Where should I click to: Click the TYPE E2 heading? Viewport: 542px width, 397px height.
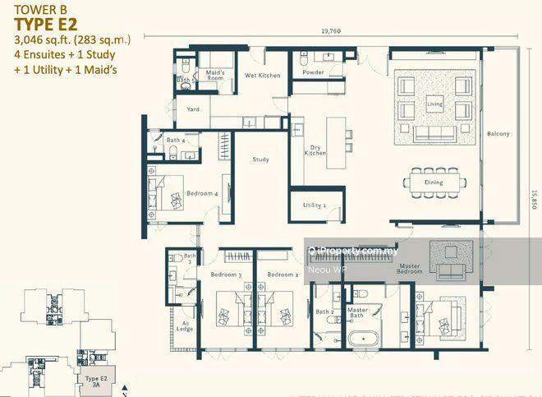pyautogui.click(x=45, y=24)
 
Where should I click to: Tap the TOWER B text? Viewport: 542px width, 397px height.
pyautogui.click(x=33, y=10)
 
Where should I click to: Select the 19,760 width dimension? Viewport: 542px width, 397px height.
pyautogui.click(x=332, y=30)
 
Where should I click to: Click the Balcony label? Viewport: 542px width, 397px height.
pyautogui.click(x=498, y=133)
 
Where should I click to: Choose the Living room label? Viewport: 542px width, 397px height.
pyautogui.click(x=434, y=104)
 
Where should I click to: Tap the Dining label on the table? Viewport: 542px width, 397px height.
pyautogui.click(x=434, y=182)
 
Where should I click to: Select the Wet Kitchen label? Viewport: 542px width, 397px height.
pyautogui.click(x=262, y=75)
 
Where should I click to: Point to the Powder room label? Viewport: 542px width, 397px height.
pyautogui.click(x=312, y=72)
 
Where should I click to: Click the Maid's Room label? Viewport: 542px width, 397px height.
pyautogui.click(x=215, y=76)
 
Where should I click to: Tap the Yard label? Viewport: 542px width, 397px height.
pyautogui.click(x=194, y=109)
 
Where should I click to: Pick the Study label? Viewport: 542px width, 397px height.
pyautogui.click(x=261, y=159)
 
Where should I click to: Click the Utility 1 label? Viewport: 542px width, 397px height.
pyautogui.click(x=314, y=205)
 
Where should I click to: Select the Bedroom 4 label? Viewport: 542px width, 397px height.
pyautogui.click(x=202, y=193)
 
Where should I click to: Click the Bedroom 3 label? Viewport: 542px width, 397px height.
pyautogui.click(x=226, y=274)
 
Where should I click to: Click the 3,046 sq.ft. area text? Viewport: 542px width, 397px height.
pyautogui.click(x=44, y=39)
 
